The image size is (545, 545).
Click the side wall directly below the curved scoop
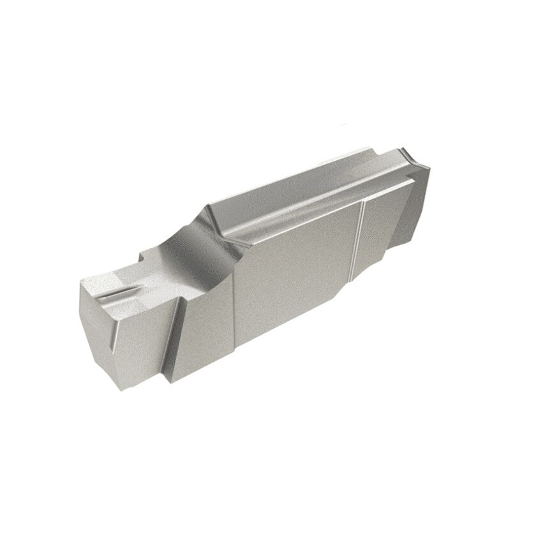click(x=204, y=306)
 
